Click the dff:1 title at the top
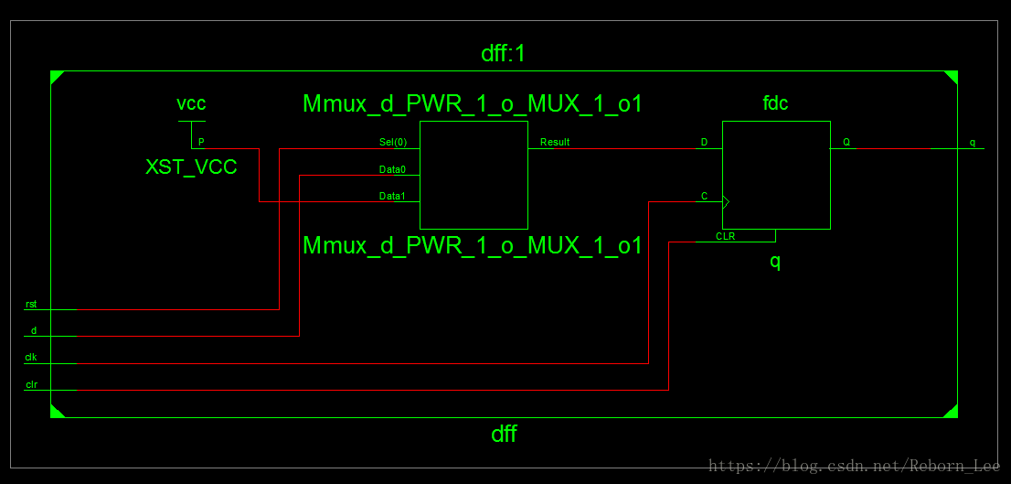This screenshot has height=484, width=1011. pos(504,54)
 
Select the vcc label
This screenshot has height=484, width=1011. pos(191,103)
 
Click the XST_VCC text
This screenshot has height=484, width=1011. pos(191,167)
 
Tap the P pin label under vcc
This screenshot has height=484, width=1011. pos(201,143)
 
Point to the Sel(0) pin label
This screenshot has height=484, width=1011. pos(393,143)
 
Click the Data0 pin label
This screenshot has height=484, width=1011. pos(392,169)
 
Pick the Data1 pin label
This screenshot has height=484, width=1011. pos(392,196)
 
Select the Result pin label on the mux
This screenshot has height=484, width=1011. pos(555,143)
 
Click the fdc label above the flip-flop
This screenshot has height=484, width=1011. pos(775,103)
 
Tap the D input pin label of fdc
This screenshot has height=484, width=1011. pos(704,143)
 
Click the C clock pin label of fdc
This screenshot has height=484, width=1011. pos(704,196)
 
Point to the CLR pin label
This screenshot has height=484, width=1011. pos(726,236)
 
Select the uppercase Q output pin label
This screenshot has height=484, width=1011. pos(846,143)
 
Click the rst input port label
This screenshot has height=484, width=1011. pos(32,304)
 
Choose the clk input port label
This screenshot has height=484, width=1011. pos(32,358)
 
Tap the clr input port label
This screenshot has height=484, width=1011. pos(32,384)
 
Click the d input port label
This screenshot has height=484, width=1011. pos(34,330)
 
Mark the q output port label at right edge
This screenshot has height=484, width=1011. pos(973,143)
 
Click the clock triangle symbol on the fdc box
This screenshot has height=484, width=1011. pos(727,201)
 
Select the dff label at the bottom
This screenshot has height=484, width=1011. pos(504,434)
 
